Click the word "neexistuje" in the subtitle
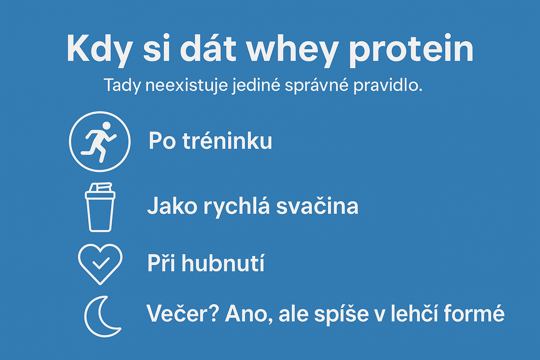pos(186,85)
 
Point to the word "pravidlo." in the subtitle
pos(387,85)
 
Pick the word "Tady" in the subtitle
pos(122,85)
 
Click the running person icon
pos(100,142)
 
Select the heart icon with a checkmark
pos(100,263)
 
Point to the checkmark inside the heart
pos(101,263)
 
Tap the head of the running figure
pos(106,126)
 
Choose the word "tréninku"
pos(227,141)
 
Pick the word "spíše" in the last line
pos(341,314)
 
